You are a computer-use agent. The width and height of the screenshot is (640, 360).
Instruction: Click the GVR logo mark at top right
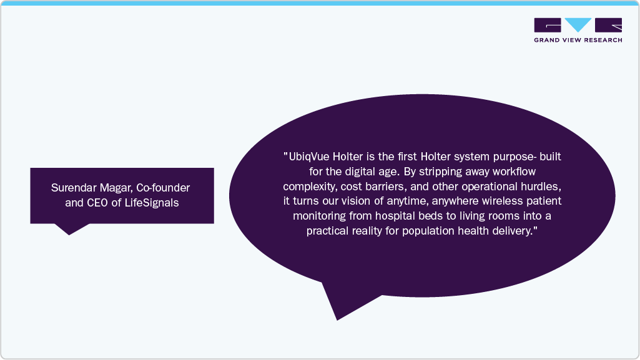tap(578, 25)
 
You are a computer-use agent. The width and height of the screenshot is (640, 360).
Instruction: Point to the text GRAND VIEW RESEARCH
tap(578, 40)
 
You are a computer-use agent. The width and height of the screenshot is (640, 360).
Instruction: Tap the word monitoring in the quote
tap(317, 215)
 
